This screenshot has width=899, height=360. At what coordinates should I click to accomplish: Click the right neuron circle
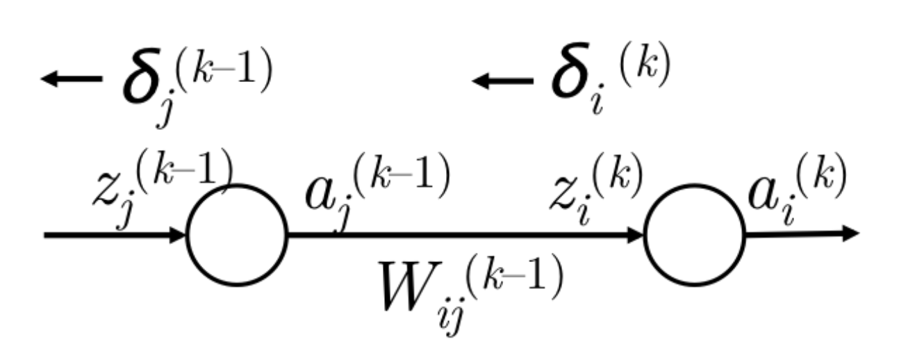[694, 235]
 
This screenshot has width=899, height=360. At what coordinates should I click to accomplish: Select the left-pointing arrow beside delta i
[502, 81]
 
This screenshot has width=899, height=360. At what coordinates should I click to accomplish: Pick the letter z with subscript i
[567, 194]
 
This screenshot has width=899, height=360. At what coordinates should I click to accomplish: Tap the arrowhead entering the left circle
[178, 236]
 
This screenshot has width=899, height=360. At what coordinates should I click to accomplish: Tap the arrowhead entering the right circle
[635, 236]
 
